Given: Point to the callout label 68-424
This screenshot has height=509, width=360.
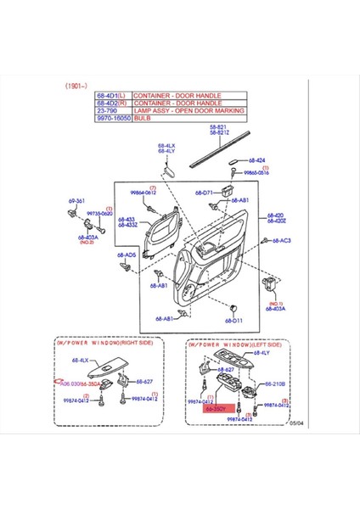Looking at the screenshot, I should pyautogui.click(x=256, y=159).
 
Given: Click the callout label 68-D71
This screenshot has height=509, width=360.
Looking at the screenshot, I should pyautogui.click(x=201, y=193).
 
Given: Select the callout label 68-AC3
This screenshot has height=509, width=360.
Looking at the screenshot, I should pyautogui.click(x=281, y=240).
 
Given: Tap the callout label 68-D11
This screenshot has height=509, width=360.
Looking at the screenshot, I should pyautogui.click(x=233, y=321).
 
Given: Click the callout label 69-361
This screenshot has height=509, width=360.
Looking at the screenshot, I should pyautogui.click(x=76, y=201).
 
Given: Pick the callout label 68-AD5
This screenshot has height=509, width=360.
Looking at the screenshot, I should pyautogui.click(x=126, y=255).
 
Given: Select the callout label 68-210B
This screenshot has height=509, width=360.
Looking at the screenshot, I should pyautogui.click(x=273, y=383).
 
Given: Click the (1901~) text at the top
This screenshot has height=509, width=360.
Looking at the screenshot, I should pyautogui.click(x=78, y=87).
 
